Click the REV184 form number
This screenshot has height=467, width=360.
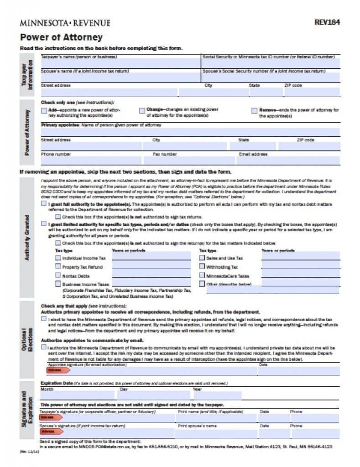tap(327, 21)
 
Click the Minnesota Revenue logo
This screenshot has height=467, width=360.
tap(64, 23)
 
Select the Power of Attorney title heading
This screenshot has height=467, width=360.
tap(61, 37)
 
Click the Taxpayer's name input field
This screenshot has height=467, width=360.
tap(120, 64)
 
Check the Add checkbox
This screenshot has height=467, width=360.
tap(44, 110)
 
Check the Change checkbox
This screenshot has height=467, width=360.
tap(142, 110)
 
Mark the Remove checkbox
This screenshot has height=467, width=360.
tap(255, 110)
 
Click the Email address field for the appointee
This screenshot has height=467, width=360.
tap(288, 161)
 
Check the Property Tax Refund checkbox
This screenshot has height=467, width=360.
tap(58, 267)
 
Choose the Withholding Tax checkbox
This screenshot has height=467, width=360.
tap(202, 267)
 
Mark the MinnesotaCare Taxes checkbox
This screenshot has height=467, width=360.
tap(202, 275)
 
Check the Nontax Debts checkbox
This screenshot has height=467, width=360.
tap(58, 275)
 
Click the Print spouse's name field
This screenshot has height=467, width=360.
tap(216, 433)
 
